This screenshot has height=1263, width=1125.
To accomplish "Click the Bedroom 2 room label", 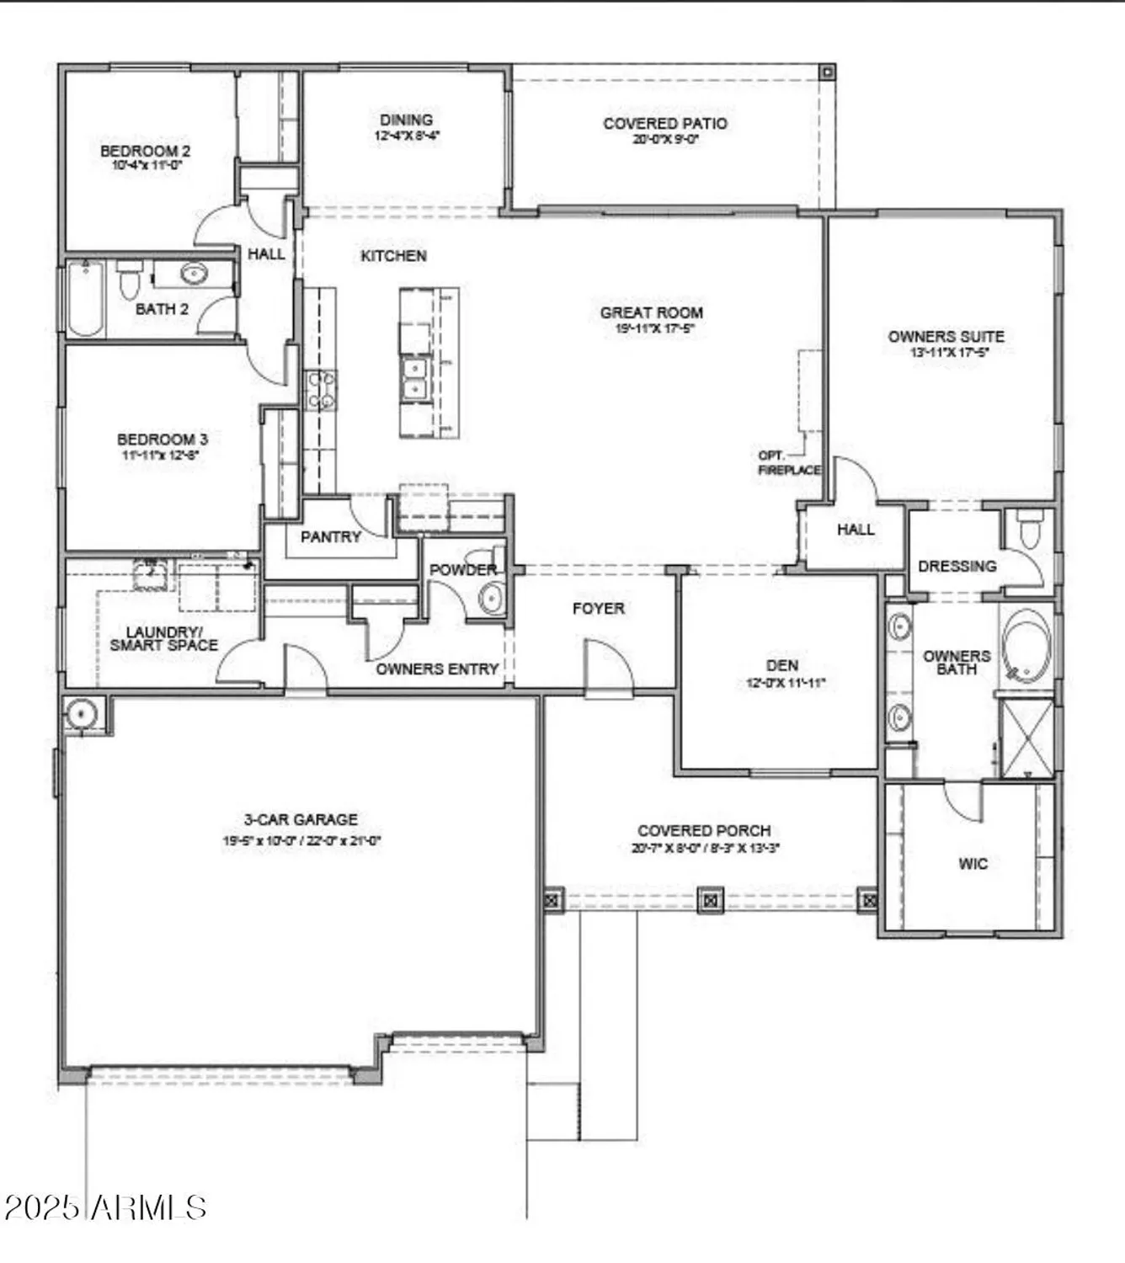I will [145, 151].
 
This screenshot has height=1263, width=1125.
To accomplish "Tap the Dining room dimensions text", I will [408, 136].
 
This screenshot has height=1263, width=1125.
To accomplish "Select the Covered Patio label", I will [665, 124].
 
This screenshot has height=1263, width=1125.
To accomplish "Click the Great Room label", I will [651, 312].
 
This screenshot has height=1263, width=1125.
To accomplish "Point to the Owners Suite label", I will [946, 336].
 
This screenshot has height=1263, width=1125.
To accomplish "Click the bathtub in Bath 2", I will [84, 299].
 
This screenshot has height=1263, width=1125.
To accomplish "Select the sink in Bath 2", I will [195, 274].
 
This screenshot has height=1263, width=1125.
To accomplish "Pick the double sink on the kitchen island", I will [413, 379].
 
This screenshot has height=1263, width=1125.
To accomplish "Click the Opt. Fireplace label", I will [788, 463].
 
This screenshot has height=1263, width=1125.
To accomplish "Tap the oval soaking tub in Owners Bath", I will [1026, 644].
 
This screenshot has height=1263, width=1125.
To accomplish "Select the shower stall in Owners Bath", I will [1025, 738].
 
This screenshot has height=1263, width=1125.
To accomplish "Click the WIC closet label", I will [973, 863].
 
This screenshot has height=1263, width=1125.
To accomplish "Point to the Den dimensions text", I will [784, 684].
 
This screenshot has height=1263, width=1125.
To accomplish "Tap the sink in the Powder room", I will [491, 599].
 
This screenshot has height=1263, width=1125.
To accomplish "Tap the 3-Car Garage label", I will [301, 819].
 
